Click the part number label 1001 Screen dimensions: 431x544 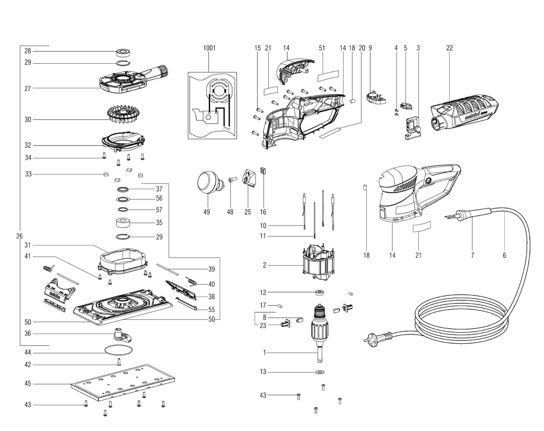coord(209,48)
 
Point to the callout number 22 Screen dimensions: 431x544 coord(449,48)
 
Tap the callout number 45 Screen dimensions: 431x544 coord(28,384)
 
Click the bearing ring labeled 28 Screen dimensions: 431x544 coord(124,53)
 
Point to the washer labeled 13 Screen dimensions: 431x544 coord(318,372)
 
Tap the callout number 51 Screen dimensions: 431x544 coord(322,48)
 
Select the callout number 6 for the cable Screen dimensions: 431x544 coord(504,255)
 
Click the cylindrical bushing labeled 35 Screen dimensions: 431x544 coord(125,222)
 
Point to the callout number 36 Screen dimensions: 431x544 coord(28,333)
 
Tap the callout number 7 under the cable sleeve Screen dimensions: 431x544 coord(472,255)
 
